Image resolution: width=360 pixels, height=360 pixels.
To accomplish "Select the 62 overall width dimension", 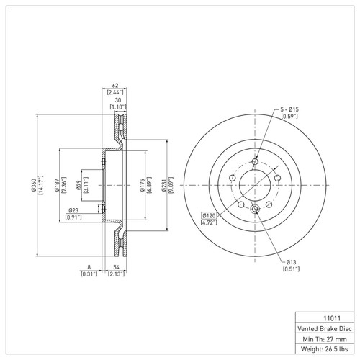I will [x=115, y=85].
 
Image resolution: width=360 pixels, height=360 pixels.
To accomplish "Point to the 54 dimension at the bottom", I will [x=116, y=266].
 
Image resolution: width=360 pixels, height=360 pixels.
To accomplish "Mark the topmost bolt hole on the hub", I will [x=254, y=161].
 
